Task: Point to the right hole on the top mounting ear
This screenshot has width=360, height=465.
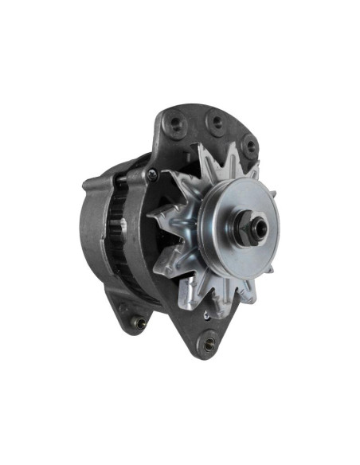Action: coord(249,146)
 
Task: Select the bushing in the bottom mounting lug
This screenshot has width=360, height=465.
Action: coord(209,343)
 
